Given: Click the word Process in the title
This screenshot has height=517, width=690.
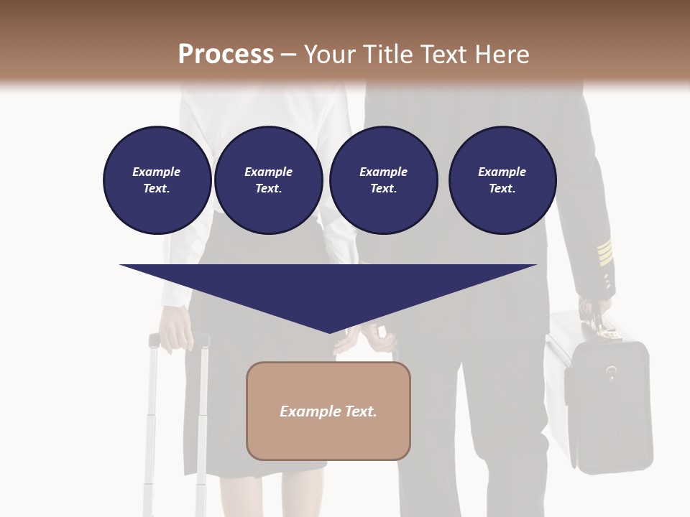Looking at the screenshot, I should pos(226,55).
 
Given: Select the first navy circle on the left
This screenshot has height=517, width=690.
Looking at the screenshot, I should pos(157,180).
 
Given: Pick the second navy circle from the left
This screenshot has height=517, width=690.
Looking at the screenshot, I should pos(268,180).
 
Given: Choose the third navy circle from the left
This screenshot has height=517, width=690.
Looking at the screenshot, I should pos(383,180).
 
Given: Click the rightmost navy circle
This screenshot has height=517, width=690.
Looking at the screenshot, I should pos(502,180).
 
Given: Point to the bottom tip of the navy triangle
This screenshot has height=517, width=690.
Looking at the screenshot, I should pos(329,331).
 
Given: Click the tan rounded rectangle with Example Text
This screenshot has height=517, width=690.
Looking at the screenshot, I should pos(328,411).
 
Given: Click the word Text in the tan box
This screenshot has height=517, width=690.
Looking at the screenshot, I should pos(359,411).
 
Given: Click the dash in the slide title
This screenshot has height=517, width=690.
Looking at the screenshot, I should pos(288,55).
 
